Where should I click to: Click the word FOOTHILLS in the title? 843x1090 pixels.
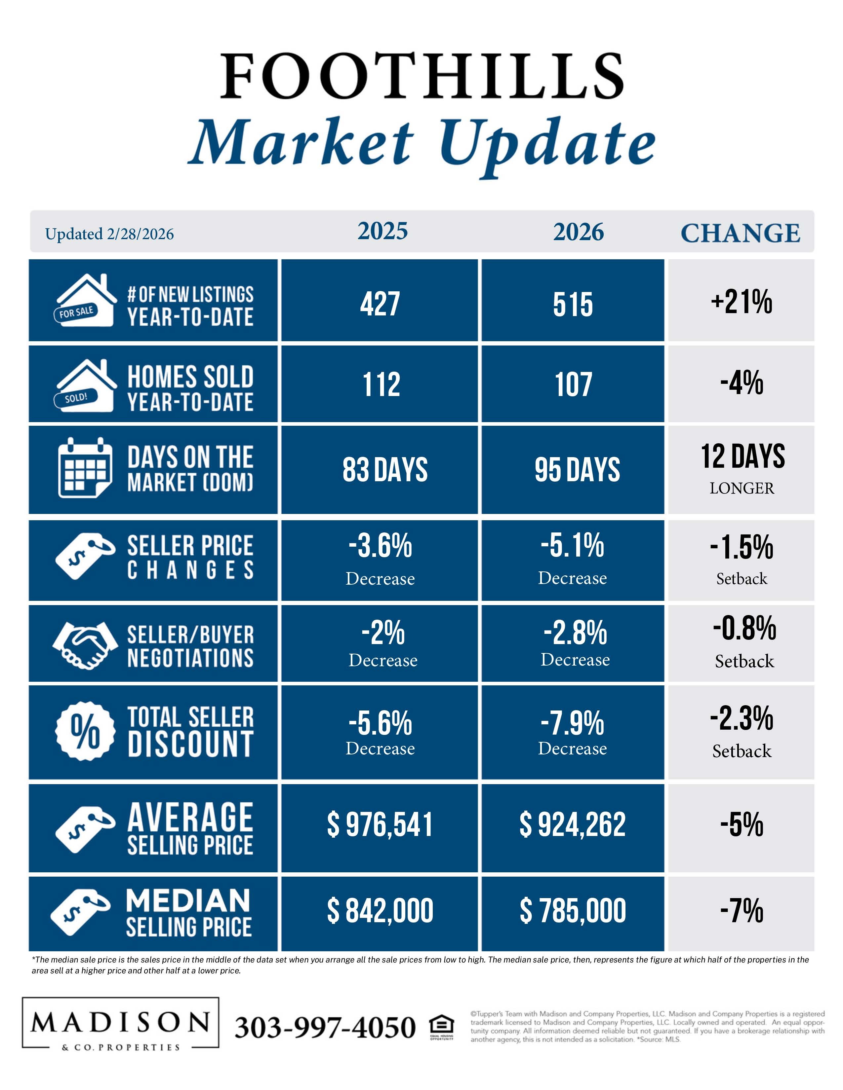(x=422, y=76)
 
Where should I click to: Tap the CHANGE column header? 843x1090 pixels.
(x=741, y=233)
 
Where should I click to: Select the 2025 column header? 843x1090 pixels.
(x=382, y=231)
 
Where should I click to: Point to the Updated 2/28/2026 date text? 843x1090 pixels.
(x=109, y=234)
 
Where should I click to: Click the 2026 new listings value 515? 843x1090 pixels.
(x=573, y=305)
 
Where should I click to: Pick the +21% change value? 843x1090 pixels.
(x=742, y=302)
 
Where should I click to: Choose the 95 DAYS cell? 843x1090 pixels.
(x=577, y=470)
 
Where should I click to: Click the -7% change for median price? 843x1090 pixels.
(x=742, y=910)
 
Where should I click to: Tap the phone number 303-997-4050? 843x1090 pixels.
(x=325, y=1027)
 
